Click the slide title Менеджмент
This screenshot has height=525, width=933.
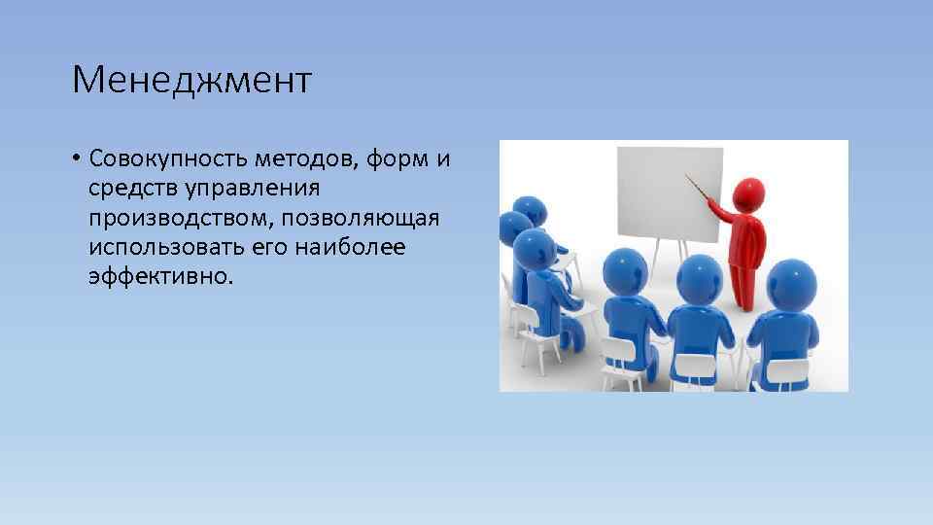[x=191, y=81]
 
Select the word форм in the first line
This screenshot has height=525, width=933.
[x=398, y=157]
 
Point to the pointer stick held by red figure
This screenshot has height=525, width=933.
[x=702, y=190]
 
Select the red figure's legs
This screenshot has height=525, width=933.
[x=743, y=277]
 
